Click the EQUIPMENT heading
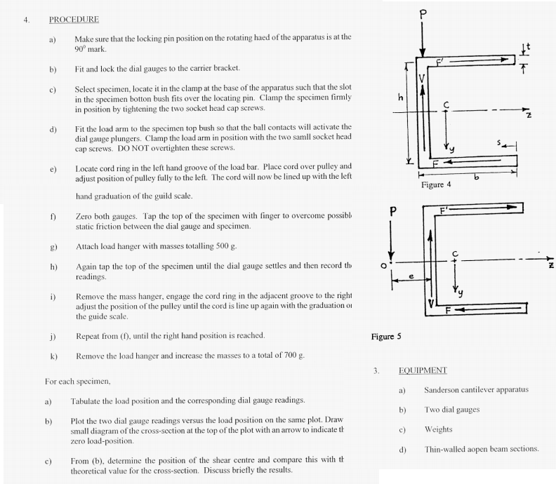click(x=423, y=370)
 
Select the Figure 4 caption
click(x=436, y=185)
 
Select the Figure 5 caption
click(x=386, y=337)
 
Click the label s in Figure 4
click(x=499, y=142)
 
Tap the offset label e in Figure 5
click(x=411, y=277)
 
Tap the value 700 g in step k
click(x=293, y=356)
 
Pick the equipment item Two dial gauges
click(x=451, y=410)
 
